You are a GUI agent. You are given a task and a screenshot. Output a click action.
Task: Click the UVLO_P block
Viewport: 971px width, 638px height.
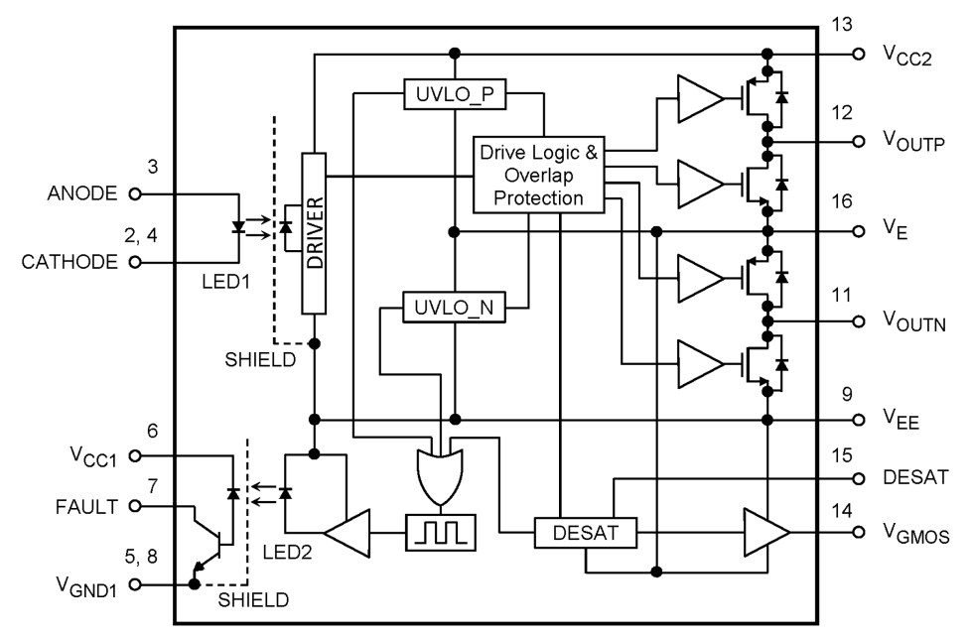pos(455,95)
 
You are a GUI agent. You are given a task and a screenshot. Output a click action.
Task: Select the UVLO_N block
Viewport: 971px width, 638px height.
pos(454,308)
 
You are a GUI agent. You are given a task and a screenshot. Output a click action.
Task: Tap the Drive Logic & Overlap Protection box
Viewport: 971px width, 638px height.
pos(540,176)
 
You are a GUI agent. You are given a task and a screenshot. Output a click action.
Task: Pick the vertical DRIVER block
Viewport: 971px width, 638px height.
pos(314,233)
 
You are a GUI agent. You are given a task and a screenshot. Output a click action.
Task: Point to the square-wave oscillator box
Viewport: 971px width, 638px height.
pos(440,534)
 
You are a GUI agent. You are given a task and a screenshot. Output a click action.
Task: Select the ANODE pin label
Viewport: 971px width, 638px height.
pos(81,193)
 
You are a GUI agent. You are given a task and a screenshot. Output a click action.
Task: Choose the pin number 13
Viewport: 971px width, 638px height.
pos(842,25)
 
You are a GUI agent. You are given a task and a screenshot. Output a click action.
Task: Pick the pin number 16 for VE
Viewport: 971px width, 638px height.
pos(842,201)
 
